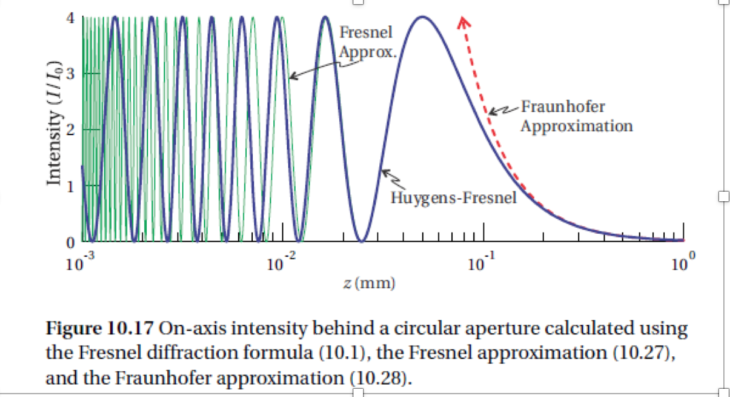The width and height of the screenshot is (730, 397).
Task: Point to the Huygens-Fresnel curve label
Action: pos(453,198)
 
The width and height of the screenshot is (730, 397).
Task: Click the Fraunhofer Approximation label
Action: pos(576,116)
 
